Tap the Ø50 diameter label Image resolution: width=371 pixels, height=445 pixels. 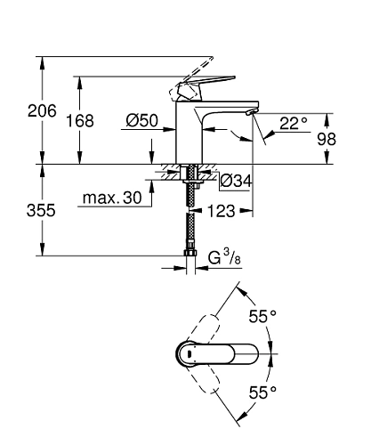click(x=141, y=122)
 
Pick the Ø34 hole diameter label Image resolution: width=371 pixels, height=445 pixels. click(x=236, y=182)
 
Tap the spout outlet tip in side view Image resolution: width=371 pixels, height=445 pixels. click(x=250, y=114)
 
